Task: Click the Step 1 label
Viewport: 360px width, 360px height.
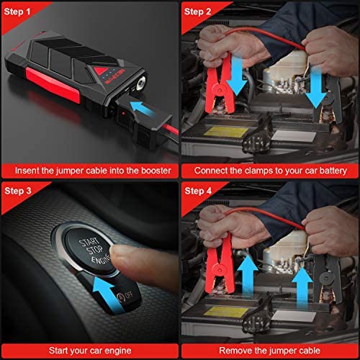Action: [17, 12]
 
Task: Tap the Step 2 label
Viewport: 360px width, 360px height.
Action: [197, 12]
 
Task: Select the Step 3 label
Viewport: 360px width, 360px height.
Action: [18, 191]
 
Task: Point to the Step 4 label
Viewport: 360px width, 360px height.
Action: [198, 191]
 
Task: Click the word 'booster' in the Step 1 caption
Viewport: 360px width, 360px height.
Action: [156, 171]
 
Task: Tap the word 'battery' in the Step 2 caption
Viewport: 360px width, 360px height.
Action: [333, 171]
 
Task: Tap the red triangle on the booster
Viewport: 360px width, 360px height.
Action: [100, 71]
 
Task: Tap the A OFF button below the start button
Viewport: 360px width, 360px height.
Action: [125, 296]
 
